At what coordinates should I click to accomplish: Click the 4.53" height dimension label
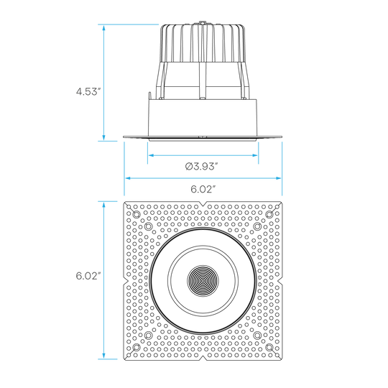point(88,91)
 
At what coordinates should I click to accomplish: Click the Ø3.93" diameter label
point(201,166)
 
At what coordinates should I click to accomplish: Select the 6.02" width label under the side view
point(202,189)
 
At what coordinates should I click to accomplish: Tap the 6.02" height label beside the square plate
point(88,276)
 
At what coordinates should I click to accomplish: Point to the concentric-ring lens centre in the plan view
point(203,281)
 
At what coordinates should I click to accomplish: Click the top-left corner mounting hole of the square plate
point(137,214)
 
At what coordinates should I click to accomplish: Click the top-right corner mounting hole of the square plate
point(269,214)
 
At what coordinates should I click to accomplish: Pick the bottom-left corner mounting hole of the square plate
point(137,347)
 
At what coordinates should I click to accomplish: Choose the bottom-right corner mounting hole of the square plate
point(269,347)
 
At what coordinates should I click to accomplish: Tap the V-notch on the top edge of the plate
point(203,204)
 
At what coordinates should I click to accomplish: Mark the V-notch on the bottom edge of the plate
point(203,358)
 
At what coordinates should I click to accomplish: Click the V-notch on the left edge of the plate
point(126,281)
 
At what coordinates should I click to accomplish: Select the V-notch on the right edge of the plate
point(280,281)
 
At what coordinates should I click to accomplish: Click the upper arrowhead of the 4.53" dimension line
point(104,28)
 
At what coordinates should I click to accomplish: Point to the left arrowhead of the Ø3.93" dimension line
point(151,155)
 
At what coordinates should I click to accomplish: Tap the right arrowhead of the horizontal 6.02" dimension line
point(278,178)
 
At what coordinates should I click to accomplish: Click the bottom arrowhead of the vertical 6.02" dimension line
point(104,356)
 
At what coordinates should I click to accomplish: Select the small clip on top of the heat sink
point(203,23)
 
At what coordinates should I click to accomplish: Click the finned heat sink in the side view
point(203,43)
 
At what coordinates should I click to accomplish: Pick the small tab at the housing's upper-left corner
point(149,96)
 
